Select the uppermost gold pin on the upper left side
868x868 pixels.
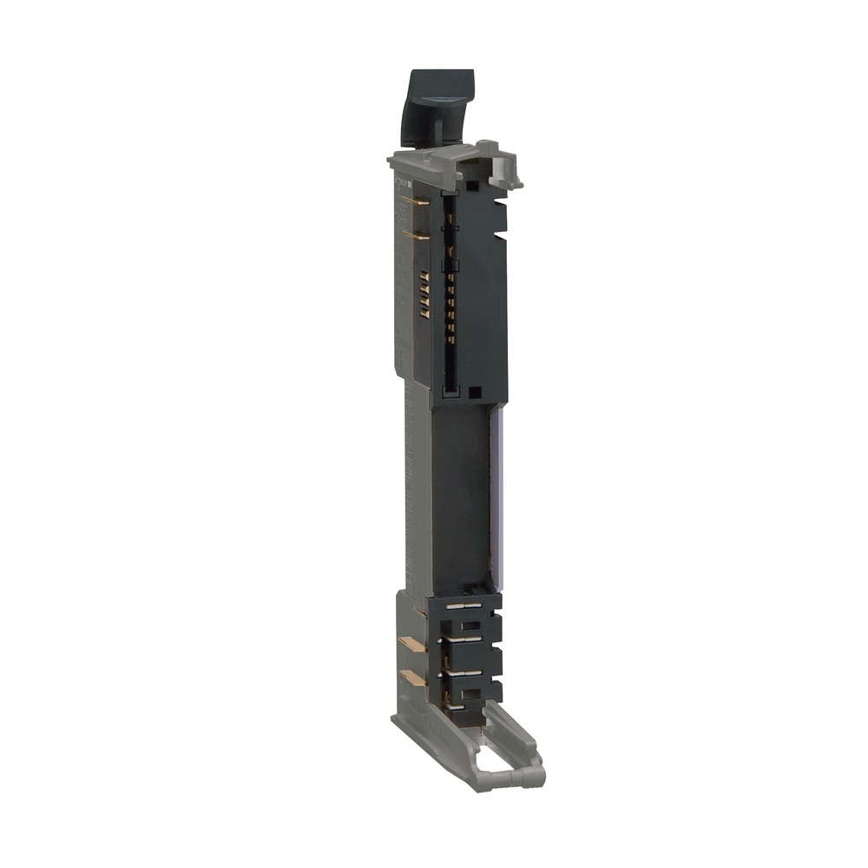click(x=416, y=201)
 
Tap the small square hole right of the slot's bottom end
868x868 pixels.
click(x=475, y=392)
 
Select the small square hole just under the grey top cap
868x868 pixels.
click(x=470, y=185)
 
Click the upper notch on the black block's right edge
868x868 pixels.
click(x=500, y=205)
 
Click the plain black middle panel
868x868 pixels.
click(x=460, y=495)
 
